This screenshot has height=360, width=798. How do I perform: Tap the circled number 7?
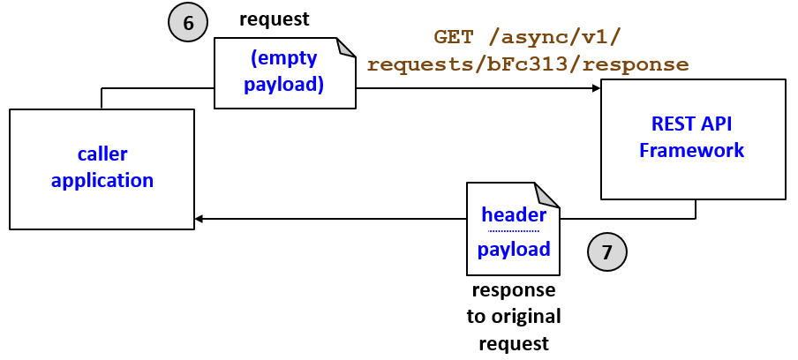606,251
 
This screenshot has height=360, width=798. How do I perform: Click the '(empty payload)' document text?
284,72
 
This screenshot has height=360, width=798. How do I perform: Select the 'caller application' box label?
102,168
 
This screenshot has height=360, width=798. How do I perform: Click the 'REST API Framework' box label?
692,137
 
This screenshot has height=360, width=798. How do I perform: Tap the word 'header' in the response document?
514,215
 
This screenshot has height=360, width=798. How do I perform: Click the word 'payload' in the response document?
514,250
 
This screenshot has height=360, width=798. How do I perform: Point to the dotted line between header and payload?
514,232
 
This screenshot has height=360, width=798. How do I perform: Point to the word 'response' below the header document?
514,291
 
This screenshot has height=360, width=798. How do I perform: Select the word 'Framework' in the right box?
692,150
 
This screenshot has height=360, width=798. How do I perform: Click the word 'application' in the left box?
102,181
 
